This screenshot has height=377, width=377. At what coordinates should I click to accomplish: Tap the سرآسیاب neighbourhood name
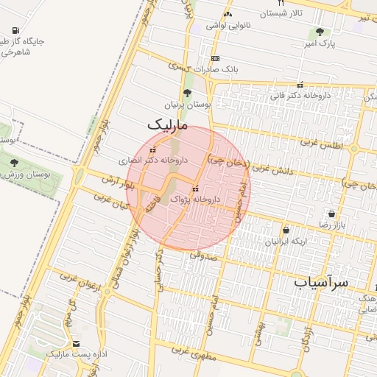(321, 282)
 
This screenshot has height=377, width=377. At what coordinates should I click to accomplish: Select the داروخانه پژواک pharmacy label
(194, 199)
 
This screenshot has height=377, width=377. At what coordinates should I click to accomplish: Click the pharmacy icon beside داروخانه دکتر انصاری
(152, 150)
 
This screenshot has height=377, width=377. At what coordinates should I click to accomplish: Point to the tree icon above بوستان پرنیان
(187, 94)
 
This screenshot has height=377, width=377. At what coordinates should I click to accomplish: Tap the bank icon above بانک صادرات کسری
(214, 58)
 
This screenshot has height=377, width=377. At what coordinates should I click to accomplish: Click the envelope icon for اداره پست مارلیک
(77, 344)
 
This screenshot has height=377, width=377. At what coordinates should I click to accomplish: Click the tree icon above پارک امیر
(320, 32)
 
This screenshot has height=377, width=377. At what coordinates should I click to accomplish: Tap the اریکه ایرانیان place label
(286, 242)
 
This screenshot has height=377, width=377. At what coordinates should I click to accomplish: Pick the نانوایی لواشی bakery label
(228, 25)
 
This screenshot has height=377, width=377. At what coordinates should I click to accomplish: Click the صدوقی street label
(204, 255)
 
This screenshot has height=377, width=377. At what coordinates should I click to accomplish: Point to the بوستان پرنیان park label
(187, 105)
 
